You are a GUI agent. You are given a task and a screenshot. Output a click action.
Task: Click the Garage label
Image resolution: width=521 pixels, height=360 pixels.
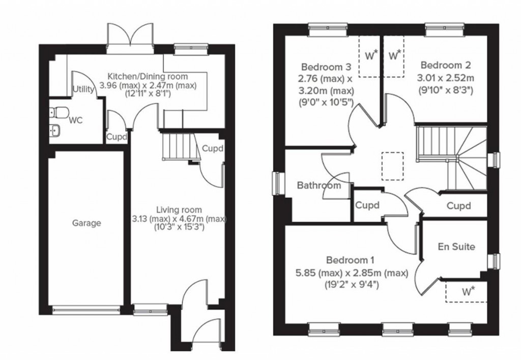point(86,223)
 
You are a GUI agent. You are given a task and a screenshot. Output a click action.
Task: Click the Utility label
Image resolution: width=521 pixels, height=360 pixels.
point(83,90)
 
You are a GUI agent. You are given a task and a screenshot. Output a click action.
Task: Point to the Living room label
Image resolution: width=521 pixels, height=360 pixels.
point(179,209)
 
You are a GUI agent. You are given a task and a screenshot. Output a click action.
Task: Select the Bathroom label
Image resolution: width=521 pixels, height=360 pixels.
point(319,185)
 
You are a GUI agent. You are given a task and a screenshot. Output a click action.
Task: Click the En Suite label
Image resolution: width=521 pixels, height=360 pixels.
point(456,247)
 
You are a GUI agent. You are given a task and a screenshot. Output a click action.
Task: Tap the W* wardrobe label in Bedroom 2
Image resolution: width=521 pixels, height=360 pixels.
point(395,54)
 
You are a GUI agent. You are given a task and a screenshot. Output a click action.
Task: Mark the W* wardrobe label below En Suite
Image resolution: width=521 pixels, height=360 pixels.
point(468,292)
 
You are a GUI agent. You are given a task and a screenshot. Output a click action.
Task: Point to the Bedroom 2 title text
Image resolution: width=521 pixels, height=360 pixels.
point(446,65)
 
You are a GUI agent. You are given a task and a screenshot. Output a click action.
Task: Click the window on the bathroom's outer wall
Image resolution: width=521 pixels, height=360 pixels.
point(278,183)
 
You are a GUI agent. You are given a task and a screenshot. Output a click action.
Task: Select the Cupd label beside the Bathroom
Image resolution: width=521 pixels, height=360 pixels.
point(368,206)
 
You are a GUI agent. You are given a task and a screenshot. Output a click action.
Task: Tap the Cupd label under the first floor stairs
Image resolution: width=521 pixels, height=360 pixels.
point(458,206)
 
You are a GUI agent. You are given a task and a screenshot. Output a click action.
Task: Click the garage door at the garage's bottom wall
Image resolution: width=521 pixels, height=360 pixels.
point(86,308)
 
